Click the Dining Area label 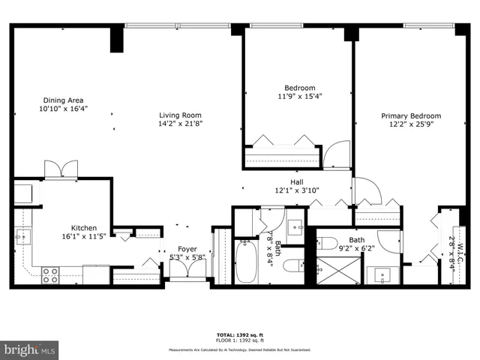[63, 100]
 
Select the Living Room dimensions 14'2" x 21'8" [181, 124]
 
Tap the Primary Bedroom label [411, 116]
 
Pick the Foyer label [187, 249]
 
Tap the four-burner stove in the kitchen [50, 275]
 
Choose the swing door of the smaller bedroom [337, 154]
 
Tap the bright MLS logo [30, 349]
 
